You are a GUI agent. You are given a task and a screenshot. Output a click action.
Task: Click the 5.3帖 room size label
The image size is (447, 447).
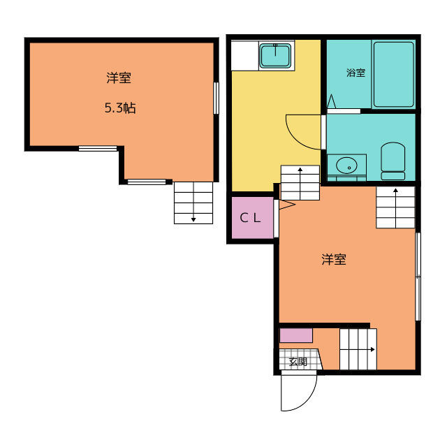[x=120, y=108]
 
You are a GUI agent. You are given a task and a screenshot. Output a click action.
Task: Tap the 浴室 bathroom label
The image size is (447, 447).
[x=356, y=73]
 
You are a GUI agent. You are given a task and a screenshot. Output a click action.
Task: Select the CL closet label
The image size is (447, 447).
[x=250, y=218]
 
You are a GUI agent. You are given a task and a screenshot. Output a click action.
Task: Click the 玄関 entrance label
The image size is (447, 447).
[x=298, y=362]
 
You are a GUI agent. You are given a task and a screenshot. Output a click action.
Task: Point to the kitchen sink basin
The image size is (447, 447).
[x=275, y=56]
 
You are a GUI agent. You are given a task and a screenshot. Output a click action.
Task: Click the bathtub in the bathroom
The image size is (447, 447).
[x=393, y=75]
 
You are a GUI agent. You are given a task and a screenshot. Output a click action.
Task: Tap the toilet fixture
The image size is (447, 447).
[x=393, y=161]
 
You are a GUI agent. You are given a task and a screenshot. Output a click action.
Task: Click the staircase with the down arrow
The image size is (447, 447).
[x=193, y=203]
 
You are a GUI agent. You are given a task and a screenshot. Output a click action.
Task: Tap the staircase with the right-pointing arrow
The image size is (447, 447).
[x=358, y=349]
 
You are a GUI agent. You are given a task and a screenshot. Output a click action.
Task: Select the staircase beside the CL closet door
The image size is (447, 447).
[x=300, y=183]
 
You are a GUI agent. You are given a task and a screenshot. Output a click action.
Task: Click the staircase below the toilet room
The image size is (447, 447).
[x=395, y=207]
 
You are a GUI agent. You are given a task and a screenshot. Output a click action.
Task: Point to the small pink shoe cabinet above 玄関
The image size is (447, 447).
[x=296, y=335]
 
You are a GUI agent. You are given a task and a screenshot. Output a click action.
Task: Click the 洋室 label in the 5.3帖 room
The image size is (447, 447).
[x=119, y=78]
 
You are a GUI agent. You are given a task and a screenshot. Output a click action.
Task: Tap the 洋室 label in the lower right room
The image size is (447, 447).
[x=334, y=259]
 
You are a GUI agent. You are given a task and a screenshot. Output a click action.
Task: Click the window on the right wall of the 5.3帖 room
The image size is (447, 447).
[x=217, y=98]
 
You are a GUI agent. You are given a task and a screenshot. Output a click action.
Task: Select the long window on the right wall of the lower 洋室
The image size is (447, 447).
[x=418, y=277]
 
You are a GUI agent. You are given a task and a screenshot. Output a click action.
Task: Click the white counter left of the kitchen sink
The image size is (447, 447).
[x=245, y=56]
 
